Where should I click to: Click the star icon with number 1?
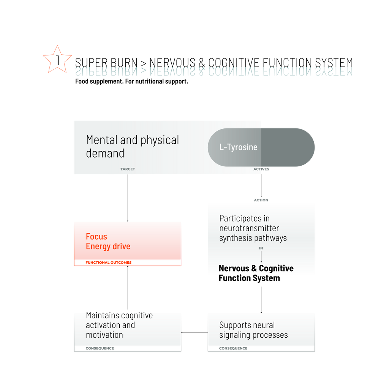pyautogui.click(x=57, y=60)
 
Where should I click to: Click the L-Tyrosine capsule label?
pyautogui.click(x=238, y=147)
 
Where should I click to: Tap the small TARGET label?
pyautogui.click(x=128, y=169)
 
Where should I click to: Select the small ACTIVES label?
pyautogui.click(x=261, y=169)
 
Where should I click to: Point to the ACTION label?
pyautogui.click(x=261, y=200)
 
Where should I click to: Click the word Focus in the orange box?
pyautogui.click(x=96, y=237)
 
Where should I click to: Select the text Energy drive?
pyautogui.click(x=108, y=247)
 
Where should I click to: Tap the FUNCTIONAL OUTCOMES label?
pyautogui.click(x=108, y=262)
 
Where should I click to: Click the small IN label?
pyautogui.click(x=261, y=248)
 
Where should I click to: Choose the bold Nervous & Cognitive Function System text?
pyautogui.click(x=256, y=273)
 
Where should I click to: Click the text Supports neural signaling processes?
pyautogui.click(x=253, y=330)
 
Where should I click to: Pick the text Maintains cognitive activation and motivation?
pyautogui.click(x=119, y=325)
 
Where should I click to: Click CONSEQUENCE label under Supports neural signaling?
pyautogui.click(x=233, y=348)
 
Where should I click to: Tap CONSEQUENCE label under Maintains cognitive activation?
pyautogui.click(x=100, y=348)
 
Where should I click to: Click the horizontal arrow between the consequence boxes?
pyautogui.click(x=194, y=332)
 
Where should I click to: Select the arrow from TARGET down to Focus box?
pyautogui.click(x=128, y=198)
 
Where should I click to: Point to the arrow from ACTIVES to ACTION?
pyautogui.click(x=261, y=185)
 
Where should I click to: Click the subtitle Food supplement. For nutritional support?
pyautogui.click(x=131, y=81)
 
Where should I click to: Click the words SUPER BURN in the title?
pyautogui.click(x=106, y=63)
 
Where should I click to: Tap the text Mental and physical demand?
pyautogui.click(x=133, y=147)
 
